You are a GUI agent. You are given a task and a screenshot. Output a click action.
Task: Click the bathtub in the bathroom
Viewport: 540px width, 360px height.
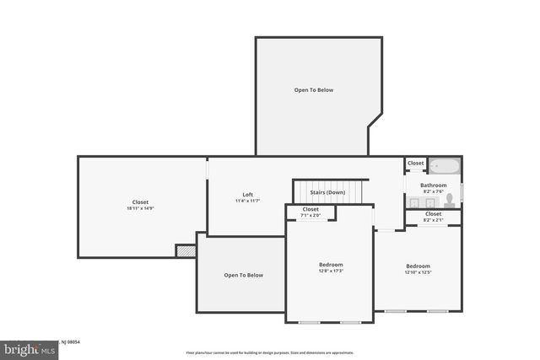[x=444, y=167]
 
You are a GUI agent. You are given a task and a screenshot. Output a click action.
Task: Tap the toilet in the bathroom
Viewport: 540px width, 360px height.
[x=450, y=200]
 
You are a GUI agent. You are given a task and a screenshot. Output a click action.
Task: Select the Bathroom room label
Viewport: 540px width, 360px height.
[x=434, y=185]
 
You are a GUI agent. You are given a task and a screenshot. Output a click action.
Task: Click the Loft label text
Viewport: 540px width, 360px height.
[x=248, y=194]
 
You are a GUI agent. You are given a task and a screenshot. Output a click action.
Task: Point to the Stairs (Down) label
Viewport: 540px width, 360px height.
[x=327, y=192]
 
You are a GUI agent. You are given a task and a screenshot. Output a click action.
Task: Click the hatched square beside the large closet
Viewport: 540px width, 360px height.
[x=186, y=250]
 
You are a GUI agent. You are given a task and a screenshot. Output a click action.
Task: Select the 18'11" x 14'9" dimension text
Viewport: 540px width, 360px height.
[x=140, y=209]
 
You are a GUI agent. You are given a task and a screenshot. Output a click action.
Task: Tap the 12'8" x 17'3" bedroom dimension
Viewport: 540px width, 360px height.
[x=330, y=271]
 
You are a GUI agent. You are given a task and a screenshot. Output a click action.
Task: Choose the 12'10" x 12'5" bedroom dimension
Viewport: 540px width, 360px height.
[x=418, y=272]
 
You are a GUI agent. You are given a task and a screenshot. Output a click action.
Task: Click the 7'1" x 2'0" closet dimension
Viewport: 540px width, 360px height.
[x=310, y=216]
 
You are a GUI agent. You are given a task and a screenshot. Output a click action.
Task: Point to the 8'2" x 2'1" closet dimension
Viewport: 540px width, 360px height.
[x=433, y=221]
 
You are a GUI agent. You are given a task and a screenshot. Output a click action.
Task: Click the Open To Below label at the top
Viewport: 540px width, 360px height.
[x=314, y=89]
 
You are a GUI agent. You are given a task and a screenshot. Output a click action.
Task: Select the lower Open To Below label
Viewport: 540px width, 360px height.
[x=243, y=275]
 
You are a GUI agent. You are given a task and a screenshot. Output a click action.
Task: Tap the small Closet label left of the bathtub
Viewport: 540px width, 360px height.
[x=415, y=163]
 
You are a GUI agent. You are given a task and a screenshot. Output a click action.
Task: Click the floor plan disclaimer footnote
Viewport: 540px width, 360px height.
[x=270, y=352]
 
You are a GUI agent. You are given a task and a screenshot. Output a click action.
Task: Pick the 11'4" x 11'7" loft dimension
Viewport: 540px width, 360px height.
[x=248, y=201]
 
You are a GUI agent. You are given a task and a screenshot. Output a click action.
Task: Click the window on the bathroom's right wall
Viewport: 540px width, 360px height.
[x=462, y=185]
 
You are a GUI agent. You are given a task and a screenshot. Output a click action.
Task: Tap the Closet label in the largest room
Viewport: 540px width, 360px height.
[x=140, y=202]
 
